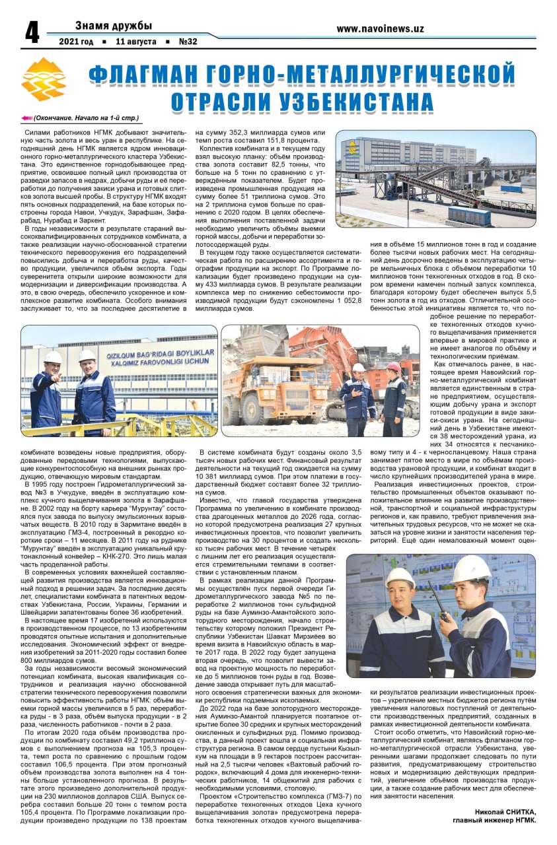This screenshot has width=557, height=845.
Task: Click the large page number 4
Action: [31, 32]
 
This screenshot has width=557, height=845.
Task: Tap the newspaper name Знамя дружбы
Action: [113, 26]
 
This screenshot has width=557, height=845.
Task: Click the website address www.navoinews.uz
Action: [380, 28]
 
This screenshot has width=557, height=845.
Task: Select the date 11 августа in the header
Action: [135, 42]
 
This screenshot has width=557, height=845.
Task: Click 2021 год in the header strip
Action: [76, 42]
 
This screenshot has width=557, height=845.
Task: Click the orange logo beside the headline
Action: [44, 79]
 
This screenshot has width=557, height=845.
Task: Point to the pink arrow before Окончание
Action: [26, 118]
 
